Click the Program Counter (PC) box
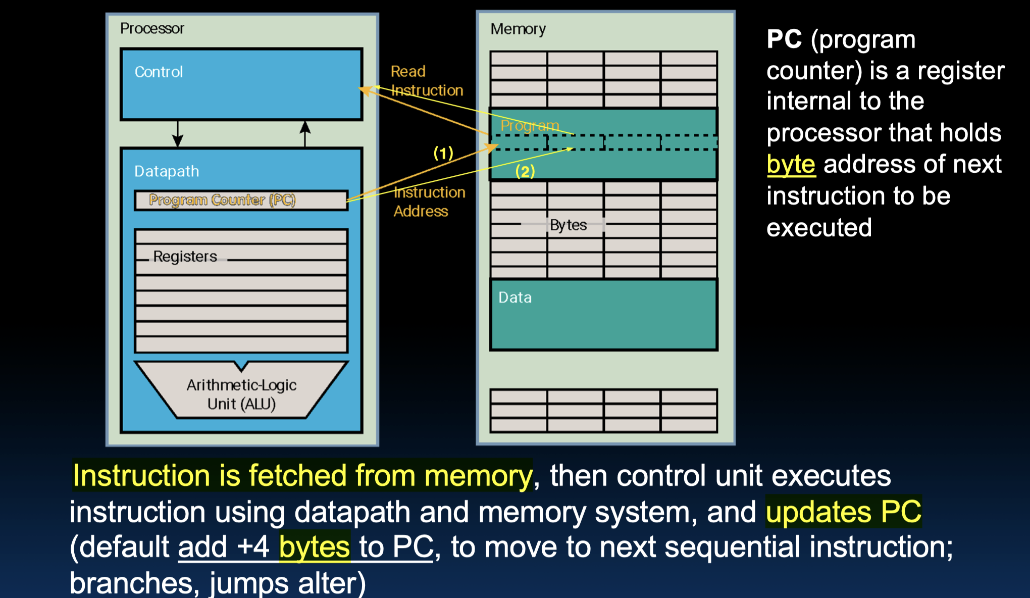pyautogui.click(x=241, y=200)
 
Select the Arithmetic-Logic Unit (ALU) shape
pyautogui.click(x=241, y=394)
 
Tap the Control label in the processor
pyautogui.click(x=159, y=72)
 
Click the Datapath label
pyautogui.click(x=167, y=171)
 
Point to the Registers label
pyautogui.click(x=185, y=257)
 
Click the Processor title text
pyautogui.click(x=152, y=28)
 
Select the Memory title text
pyautogui.click(x=518, y=29)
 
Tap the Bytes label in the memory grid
pyautogui.click(x=568, y=225)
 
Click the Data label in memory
pyautogui.click(x=515, y=297)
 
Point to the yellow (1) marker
pyautogui.click(x=443, y=153)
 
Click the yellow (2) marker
pyautogui.click(x=525, y=172)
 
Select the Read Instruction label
pyautogui.click(x=426, y=81)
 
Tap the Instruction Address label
pyautogui.click(x=429, y=202)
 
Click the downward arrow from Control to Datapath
pyautogui.click(x=178, y=133)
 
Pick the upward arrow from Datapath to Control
pyautogui.click(x=305, y=133)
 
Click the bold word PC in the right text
pyautogui.click(x=784, y=39)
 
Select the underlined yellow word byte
pyautogui.click(x=791, y=165)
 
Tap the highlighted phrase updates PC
pyautogui.click(x=843, y=512)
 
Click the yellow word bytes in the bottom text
pyautogui.click(x=315, y=547)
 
